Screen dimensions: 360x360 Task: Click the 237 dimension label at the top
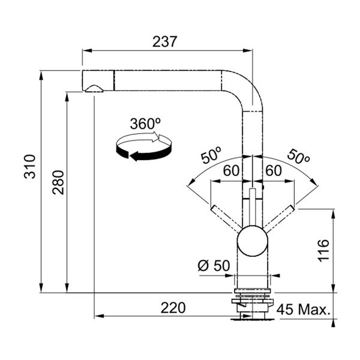tap(165, 41)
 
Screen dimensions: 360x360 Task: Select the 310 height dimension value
tap(30, 166)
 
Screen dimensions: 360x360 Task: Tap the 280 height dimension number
tap(58, 182)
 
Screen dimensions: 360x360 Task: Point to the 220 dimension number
tap(173, 308)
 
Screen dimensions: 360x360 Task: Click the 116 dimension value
tap(323, 250)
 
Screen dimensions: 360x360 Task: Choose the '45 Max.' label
tap(303, 309)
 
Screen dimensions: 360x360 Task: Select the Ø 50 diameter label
tap(214, 265)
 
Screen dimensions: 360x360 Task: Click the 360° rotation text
tap(145, 124)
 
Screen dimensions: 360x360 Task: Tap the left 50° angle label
tap(211, 155)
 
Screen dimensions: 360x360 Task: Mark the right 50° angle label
tap(298, 157)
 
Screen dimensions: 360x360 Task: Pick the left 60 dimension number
tap(232, 170)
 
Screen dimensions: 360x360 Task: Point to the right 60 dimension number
tap(274, 170)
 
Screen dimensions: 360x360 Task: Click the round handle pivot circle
tap(253, 241)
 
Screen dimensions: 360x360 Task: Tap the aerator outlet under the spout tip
tap(94, 89)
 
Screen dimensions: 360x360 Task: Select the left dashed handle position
tap(226, 219)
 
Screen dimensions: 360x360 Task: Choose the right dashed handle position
tap(278, 219)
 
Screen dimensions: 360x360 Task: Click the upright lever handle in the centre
tap(253, 206)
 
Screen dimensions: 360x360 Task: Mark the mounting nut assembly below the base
tap(253, 304)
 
